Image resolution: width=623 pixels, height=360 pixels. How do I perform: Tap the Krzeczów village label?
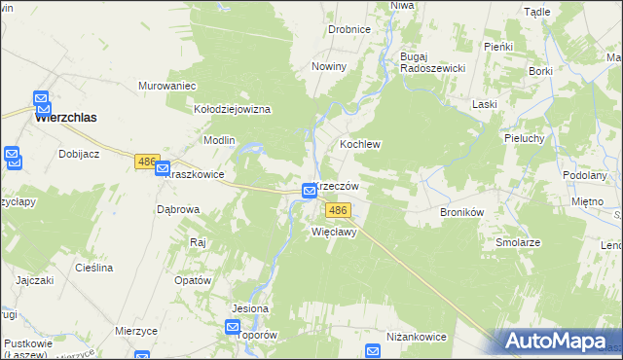click(x=337, y=186)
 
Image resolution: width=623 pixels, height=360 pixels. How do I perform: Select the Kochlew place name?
click(x=359, y=143)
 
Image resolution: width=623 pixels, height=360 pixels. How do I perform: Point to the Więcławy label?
click(x=335, y=233)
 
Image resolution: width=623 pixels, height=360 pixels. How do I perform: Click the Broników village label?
click(x=462, y=211)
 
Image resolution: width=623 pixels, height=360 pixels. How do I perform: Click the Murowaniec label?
click(x=167, y=86)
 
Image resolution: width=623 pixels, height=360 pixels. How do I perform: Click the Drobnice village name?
click(x=348, y=29)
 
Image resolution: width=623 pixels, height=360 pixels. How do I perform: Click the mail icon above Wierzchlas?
click(x=42, y=98)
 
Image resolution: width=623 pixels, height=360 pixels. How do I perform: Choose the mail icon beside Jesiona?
click(x=235, y=329)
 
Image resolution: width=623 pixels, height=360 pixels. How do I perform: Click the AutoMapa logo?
click(x=559, y=342)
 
